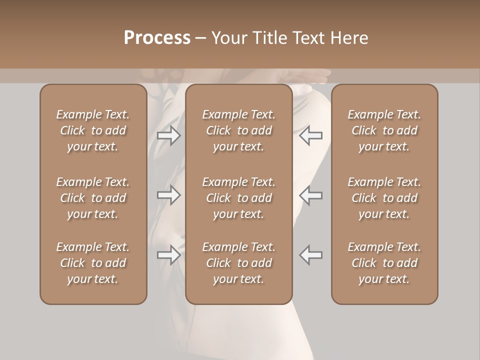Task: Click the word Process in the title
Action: point(157,38)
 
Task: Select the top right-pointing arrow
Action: point(168,135)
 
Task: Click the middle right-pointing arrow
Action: point(168,195)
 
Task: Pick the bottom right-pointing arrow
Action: point(168,254)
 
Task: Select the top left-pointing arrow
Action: point(311,135)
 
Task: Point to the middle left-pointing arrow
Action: point(311,195)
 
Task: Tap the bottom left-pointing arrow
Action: point(311,254)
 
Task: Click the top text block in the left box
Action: point(93,130)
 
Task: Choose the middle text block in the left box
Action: point(93,198)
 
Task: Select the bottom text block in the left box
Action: point(93,263)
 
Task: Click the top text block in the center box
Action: point(239,130)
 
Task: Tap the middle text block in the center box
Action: point(239,198)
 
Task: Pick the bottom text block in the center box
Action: point(239,263)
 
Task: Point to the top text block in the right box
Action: point(384,130)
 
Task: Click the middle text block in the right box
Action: point(384,198)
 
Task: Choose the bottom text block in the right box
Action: point(384,263)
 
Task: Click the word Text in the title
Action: point(309,38)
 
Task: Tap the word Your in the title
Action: point(229,38)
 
